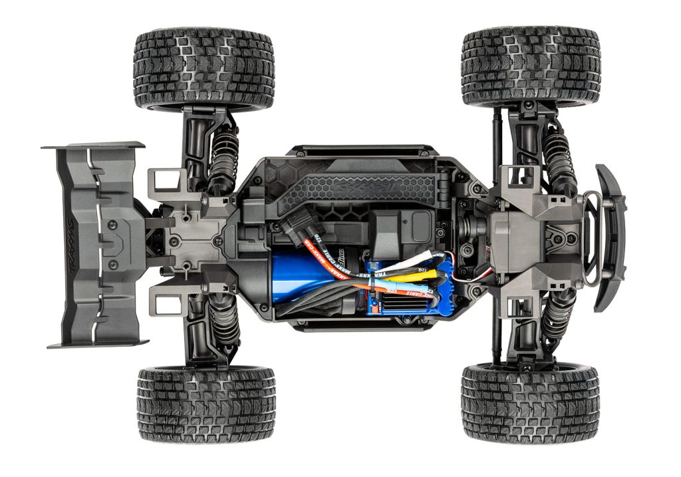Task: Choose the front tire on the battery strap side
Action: coord(531,66)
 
